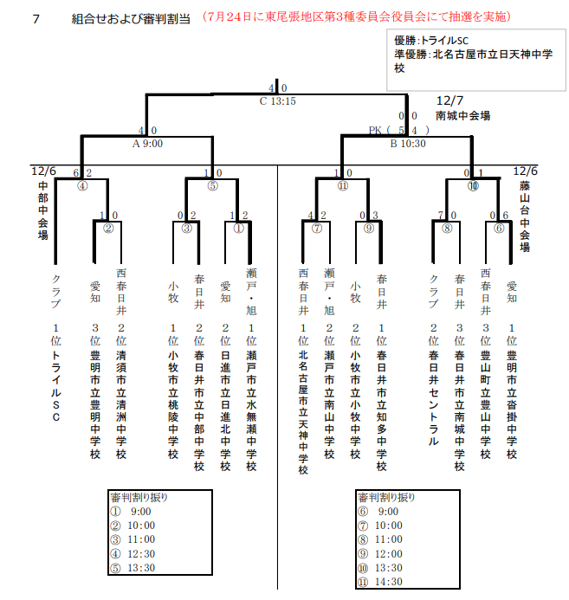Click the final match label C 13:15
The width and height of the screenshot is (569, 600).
point(278,100)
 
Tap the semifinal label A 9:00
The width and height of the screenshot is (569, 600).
point(147,144)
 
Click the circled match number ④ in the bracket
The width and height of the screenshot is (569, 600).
point(82,185)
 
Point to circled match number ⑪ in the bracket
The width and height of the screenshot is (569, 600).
point(344,185)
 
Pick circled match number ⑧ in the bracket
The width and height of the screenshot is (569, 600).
point(447,229)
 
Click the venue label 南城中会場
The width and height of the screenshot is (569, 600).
point(463,114)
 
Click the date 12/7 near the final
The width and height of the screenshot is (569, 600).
point(452,100)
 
